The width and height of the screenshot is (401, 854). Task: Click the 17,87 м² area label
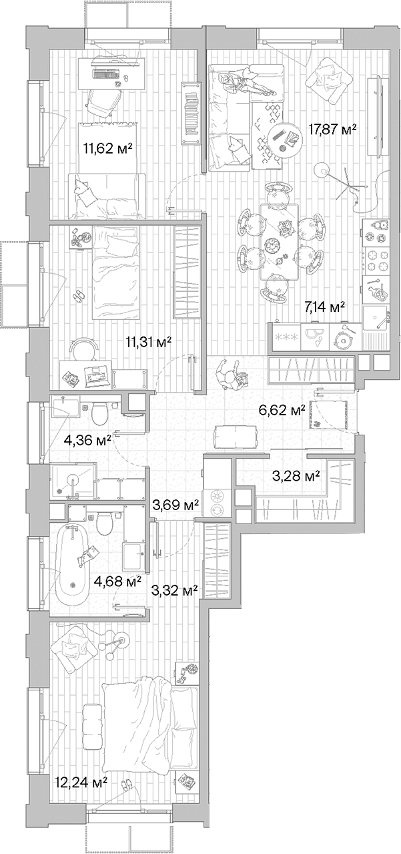pos(332,129)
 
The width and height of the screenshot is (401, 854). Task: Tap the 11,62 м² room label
pos(105,148)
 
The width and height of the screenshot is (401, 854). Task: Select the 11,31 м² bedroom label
pos(149,342)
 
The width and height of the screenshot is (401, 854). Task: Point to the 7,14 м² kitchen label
pos(324,307)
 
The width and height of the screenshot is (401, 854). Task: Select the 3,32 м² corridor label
pos(175,590)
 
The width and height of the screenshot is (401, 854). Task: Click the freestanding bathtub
pos(69,565)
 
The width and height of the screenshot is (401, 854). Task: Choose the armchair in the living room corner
pos(329,76)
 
